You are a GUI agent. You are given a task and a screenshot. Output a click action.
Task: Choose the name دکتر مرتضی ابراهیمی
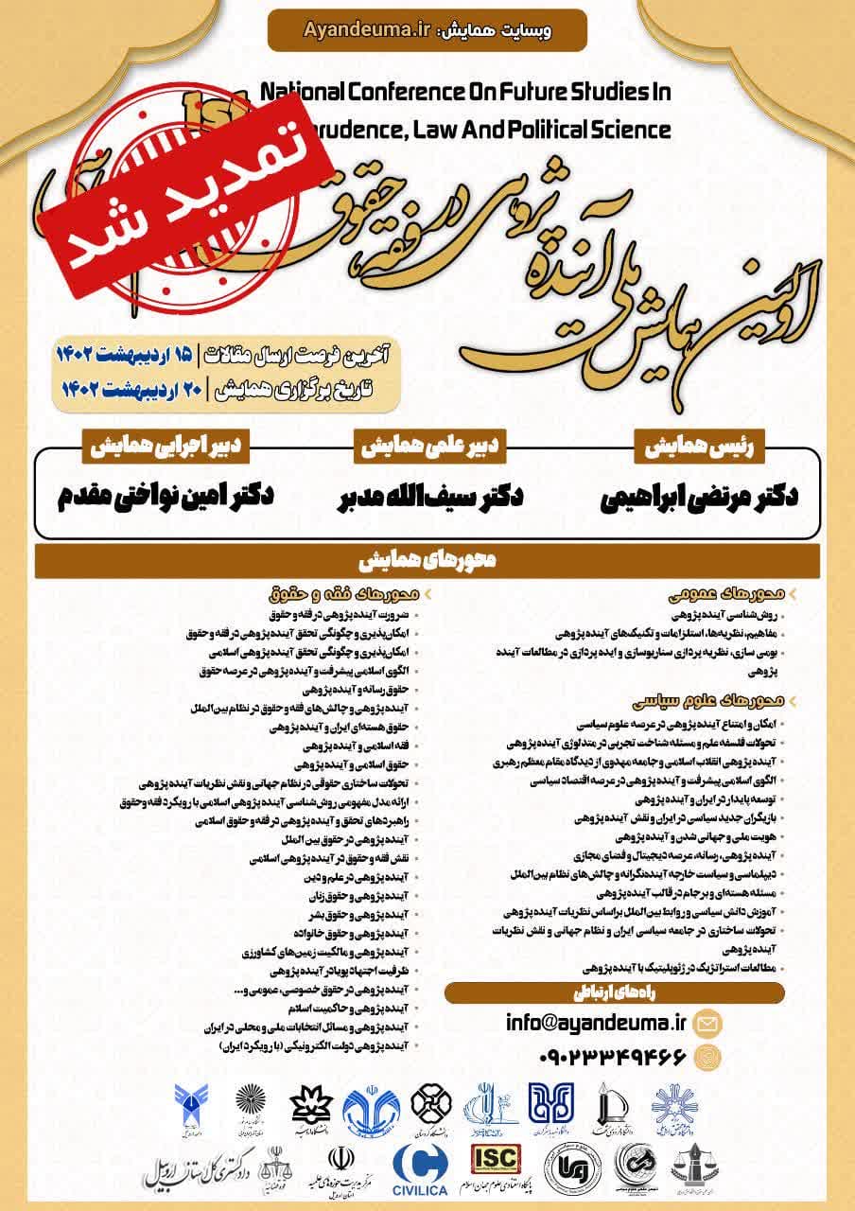click(699, 499)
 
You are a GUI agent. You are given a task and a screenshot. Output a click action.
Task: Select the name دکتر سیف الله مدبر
click(430, 499)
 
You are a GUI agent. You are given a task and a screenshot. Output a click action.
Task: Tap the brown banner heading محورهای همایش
click(427, 560)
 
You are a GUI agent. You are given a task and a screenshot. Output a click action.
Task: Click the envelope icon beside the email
click(707, 1023)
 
